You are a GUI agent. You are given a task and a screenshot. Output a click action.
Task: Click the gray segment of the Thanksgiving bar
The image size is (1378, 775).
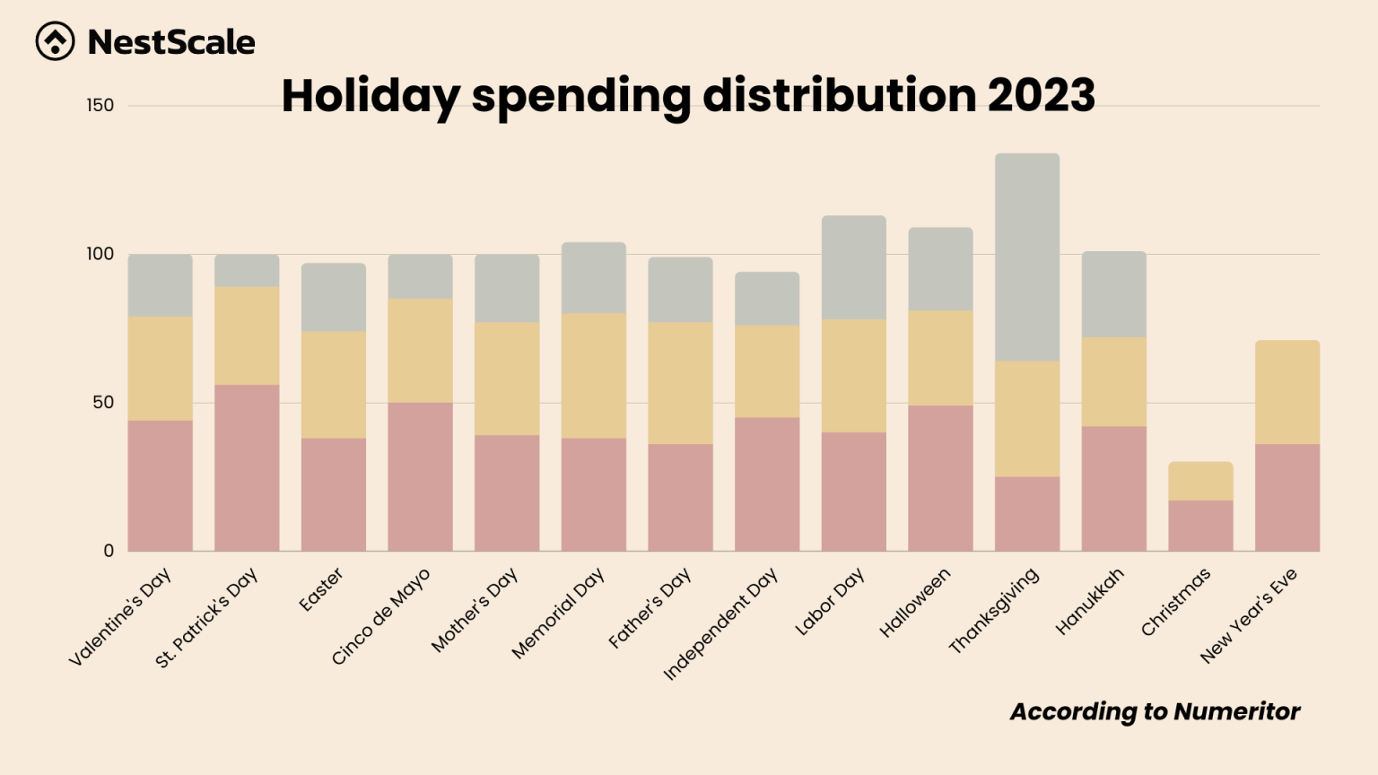pyautogui.click(x=1026, y=257)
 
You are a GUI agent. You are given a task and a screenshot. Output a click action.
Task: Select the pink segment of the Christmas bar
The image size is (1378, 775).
pyautogui.click(x=1199, y=526)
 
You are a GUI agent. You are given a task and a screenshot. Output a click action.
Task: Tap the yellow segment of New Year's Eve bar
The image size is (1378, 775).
pyautogui.click(x=1286, y=392)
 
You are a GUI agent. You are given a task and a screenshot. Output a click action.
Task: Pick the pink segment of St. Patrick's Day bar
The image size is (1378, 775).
pyautogui.click(x=247, y=467)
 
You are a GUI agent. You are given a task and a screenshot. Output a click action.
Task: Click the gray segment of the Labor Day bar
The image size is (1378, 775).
pyautogui.click(x=853, y=267)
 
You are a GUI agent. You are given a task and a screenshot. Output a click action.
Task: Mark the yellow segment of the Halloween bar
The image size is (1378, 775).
pyautogui.click(x=940, y=358)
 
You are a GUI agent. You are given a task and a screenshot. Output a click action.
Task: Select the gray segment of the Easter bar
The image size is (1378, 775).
pyautogui.click(x=333, y=297)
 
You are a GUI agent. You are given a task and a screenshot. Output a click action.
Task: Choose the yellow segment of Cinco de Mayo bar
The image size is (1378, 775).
pyautogui.click(x=420, y=351)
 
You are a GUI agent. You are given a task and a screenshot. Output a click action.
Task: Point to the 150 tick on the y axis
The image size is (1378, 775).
pyautogui.click(x=100, y=106)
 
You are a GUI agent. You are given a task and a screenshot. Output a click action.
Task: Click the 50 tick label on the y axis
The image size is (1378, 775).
pyautogui.click(x=103, y=403)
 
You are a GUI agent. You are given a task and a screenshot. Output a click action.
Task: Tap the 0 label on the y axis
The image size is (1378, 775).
pyautogui.click(x=109, y=551)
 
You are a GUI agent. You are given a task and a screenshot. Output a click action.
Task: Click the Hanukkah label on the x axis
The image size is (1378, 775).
pyautogui.click(x=1089, y=602)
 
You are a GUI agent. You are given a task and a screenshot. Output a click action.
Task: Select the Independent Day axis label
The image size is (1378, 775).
pyautogui.click(x=720, y=623)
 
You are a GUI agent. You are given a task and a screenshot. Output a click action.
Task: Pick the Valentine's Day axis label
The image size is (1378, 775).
pyautogui.click(x=119, y=617)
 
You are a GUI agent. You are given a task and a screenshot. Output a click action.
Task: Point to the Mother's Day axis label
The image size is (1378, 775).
pyautogui.click(x=474, y=610)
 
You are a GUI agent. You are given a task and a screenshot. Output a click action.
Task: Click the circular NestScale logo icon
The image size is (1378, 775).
pyautogui.click(x=55, y=41)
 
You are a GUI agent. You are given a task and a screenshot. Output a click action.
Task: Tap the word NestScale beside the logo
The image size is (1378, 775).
pyautogui.click(x=171, y=42)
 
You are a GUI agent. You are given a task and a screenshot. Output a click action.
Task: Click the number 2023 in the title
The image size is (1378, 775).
pyautogui.click(x=1041, y=95)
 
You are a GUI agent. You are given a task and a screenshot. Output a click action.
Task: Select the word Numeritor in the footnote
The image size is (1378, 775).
pyautogui.click(x=1236, y=711)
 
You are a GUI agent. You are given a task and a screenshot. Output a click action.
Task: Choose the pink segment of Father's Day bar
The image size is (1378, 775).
pyautogui.click(x=680, y=497)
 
